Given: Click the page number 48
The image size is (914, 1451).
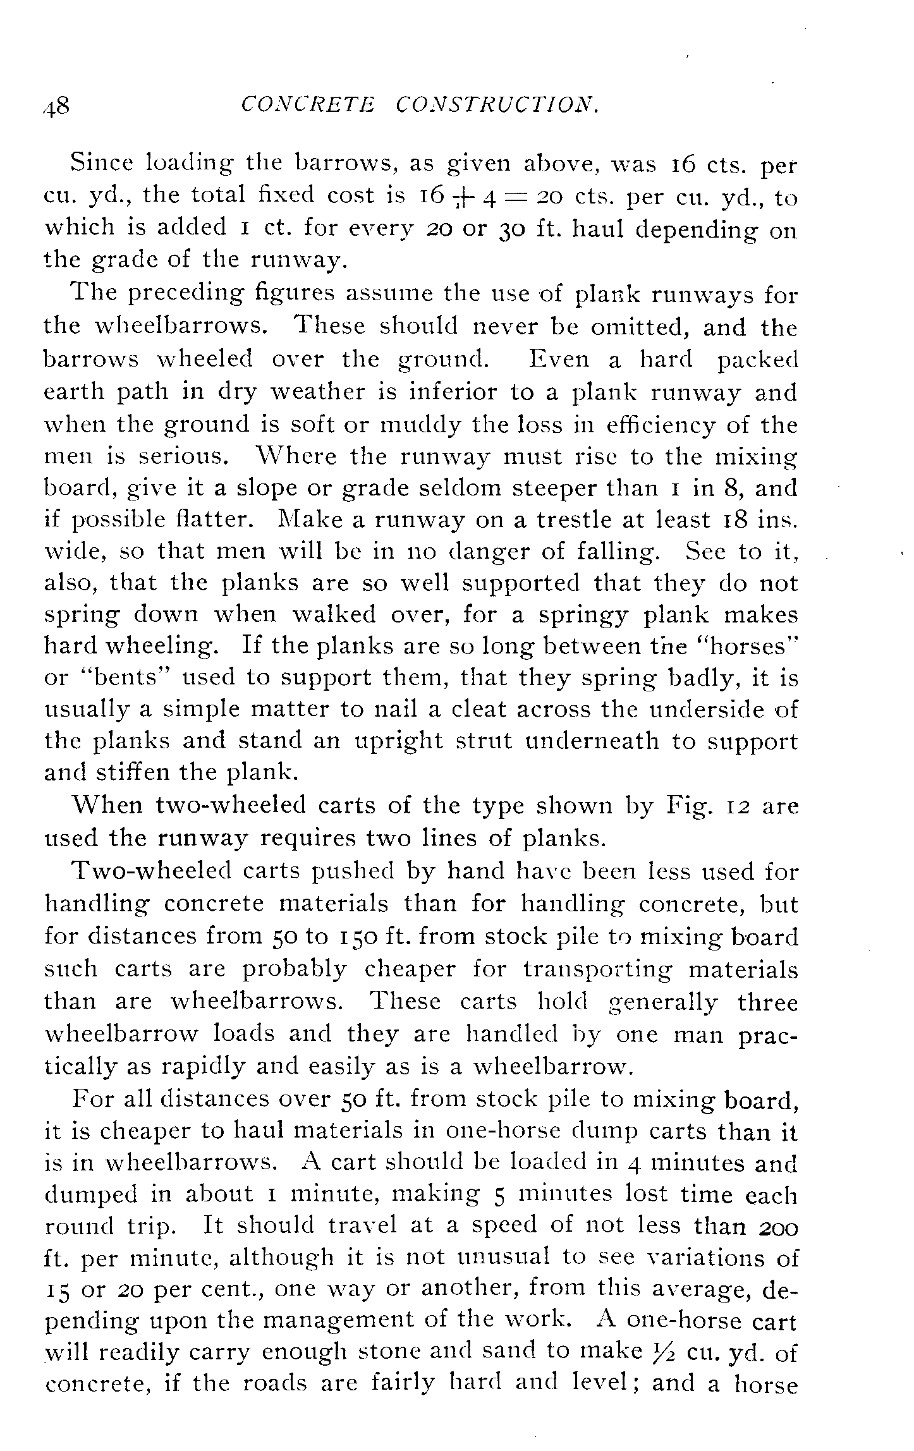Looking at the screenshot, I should click(56, 106).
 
